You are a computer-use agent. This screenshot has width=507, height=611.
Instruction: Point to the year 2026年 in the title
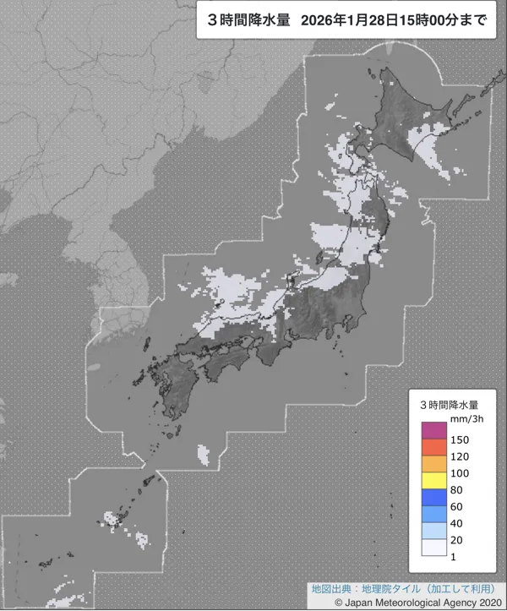[x=320, y=20]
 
